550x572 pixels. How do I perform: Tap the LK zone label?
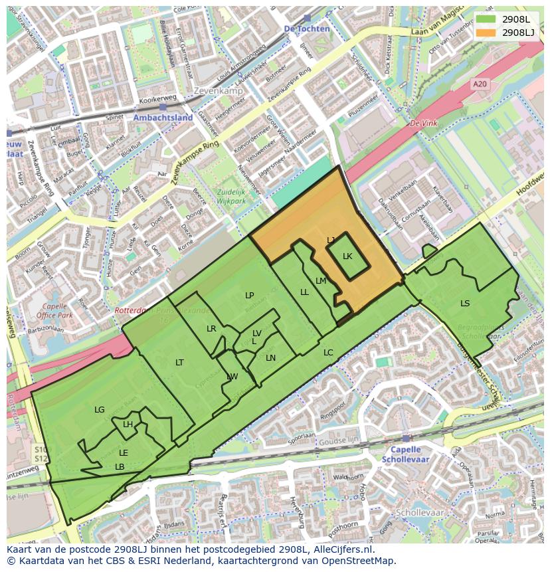coord(347,256)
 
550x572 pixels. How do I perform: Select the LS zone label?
coord(465,304)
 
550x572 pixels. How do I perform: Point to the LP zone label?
coord(249,296)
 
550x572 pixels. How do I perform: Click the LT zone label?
coord(179,362)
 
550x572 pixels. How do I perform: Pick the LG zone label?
coord(100,410)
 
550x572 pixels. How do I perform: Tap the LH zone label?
coord(128,425)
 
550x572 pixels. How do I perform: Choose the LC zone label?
coord(328,353)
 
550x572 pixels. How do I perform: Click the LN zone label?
coord(270,358)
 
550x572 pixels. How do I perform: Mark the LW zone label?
coord(232,377)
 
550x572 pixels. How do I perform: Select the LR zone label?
coord(211,329)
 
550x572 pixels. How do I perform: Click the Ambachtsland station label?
coord(163,118)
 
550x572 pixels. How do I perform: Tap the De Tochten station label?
coord(306,29)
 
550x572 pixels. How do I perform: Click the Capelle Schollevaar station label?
coord(405,454)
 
